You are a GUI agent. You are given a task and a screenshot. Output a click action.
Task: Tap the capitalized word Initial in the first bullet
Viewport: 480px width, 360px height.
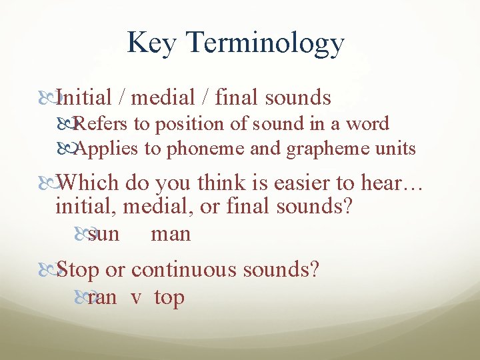click(x=84, y=98)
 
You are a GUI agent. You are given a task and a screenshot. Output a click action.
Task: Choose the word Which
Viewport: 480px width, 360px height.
click(x=88, y=183)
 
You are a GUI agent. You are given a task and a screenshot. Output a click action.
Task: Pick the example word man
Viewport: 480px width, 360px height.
click(x=171, y=235)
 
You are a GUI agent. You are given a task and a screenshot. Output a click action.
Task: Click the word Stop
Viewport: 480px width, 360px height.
click(x=78, y=271)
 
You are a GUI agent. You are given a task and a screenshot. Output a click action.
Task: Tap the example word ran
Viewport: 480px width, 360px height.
click(x=102, y=297)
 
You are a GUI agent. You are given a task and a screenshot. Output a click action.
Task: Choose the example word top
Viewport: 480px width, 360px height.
click(x=169, y=298)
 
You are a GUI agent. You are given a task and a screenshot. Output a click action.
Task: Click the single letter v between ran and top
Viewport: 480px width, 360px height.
click(x=136, y=298)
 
